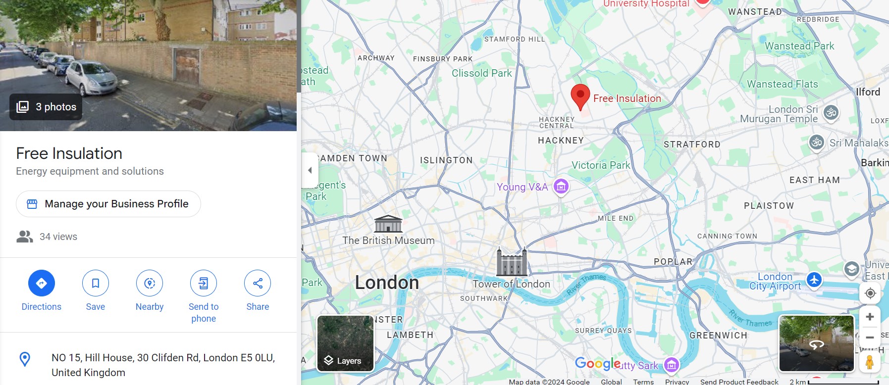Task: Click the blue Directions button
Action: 42,283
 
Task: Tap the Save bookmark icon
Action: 96,283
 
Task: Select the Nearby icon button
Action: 150,283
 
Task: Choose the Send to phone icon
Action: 204,283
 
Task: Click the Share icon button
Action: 258,283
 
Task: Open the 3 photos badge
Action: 46,107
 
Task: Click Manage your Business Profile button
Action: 108,204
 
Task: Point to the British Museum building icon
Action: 388,224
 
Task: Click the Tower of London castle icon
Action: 512,262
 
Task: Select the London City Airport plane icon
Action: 814,280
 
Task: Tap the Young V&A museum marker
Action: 561,187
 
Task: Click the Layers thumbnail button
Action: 345,343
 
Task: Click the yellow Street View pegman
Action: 869,363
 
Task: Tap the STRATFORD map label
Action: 692,144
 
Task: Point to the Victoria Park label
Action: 601,165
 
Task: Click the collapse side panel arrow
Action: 310,170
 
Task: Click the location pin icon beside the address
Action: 25,359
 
